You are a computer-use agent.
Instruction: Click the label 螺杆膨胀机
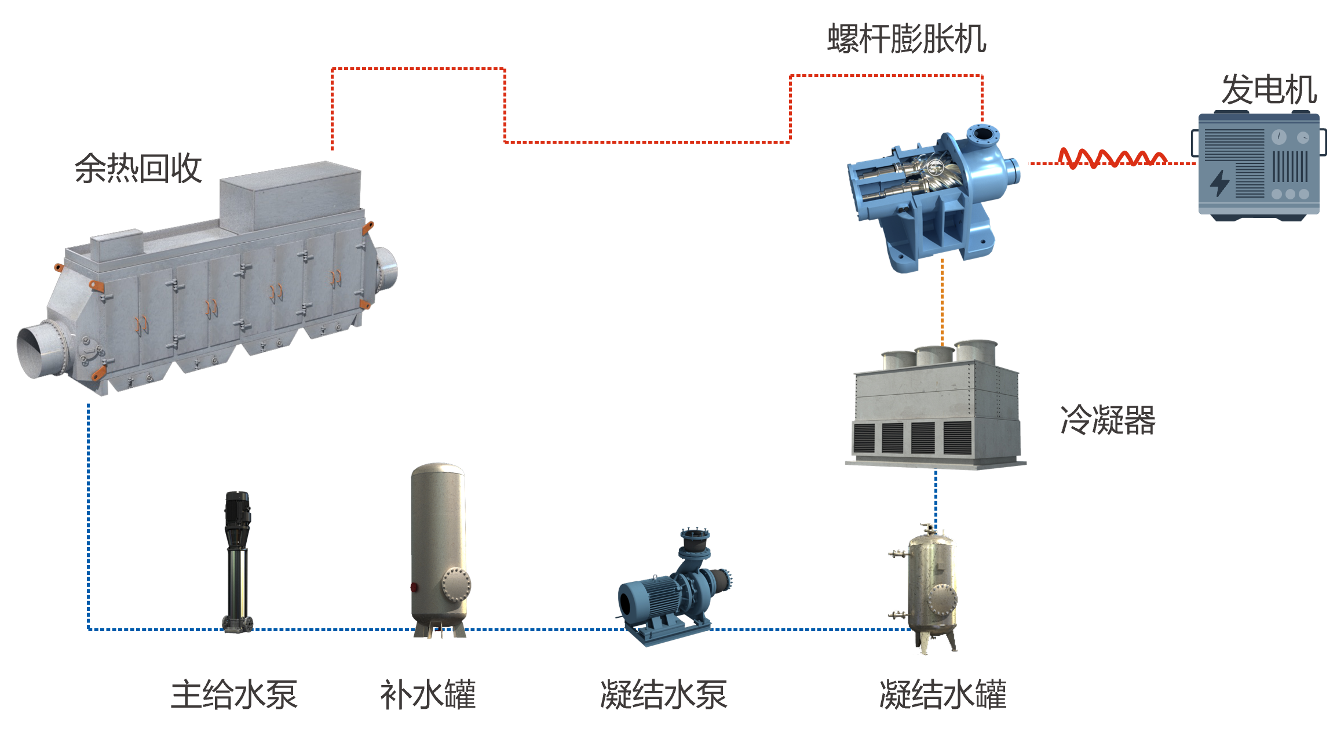click(x=907, y=39)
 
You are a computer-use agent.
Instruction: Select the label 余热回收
click(x=138, y=169)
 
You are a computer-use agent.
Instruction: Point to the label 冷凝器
click(x=1108, y=420)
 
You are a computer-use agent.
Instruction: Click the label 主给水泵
click(x=234, y=694)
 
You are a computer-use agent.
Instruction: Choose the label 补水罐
click(x=428, y=694)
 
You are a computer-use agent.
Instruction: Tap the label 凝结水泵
click(x=663, y=694)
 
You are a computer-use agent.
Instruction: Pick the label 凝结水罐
click(x=943, y=694)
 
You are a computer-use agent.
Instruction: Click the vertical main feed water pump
click(x=238, y=562)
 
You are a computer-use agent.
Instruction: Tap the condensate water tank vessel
click(x=929, y=588)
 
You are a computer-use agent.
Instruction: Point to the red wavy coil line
click(x=1112, y=158)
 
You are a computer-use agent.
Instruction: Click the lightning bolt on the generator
click(x=1219, y=183)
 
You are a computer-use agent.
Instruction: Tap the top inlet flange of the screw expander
click(x=982, y=135)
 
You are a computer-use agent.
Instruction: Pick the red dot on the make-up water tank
click(x=414, y=587)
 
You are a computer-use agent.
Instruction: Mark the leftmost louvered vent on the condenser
click(x=864, y=438)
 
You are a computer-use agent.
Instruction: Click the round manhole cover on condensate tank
click(x=943, y=599)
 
